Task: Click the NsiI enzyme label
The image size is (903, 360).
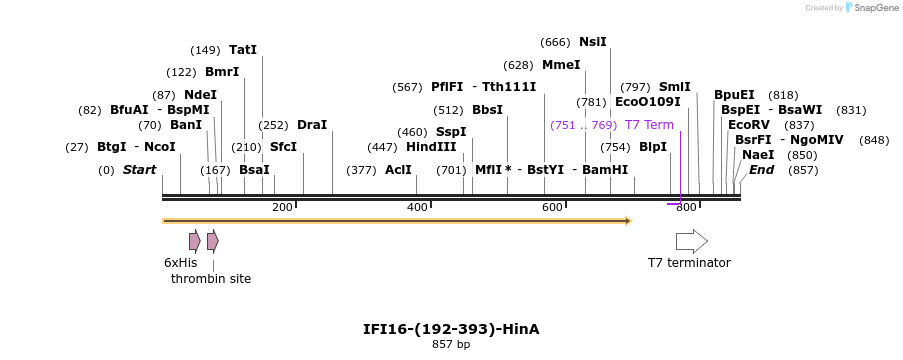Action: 592,42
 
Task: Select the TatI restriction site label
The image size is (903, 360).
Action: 243,49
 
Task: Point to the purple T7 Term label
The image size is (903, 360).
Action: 649,125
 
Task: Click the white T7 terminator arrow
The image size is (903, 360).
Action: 691,241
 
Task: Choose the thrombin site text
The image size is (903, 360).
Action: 211,279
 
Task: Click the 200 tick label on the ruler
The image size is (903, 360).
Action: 282,207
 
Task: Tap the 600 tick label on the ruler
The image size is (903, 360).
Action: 551,207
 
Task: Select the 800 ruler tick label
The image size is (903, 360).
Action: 685,207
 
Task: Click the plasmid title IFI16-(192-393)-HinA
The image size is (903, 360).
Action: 450,329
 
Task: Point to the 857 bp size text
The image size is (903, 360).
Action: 450,345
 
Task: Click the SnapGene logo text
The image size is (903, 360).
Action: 873,8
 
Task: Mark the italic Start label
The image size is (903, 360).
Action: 139,170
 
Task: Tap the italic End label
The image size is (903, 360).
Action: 761,170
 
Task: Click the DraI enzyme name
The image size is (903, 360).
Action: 312,125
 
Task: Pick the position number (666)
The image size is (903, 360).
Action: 555,42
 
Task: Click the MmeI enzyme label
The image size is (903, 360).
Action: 561,65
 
